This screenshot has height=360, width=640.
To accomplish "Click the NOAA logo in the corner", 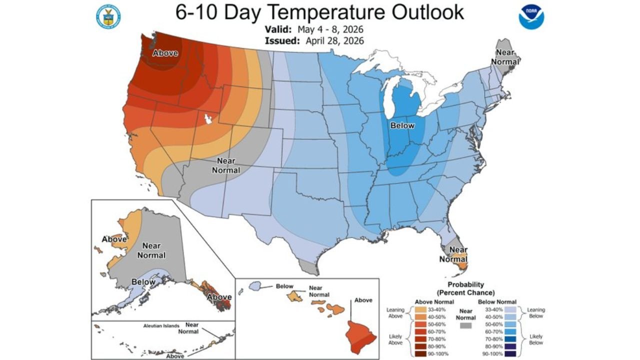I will point(531,17).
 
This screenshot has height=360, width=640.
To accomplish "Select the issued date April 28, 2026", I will point(331,40).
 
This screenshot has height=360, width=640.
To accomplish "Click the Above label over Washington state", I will point(165,53).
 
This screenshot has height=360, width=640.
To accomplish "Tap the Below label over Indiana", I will point(402,125).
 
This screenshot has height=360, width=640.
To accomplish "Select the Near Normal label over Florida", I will point(454,254).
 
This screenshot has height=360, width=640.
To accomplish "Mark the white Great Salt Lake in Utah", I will point(208,119).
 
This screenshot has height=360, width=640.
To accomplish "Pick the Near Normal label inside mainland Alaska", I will point(151,250).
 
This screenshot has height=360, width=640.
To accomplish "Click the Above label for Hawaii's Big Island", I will point(363,300).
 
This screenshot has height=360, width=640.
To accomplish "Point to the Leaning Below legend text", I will point(535,313).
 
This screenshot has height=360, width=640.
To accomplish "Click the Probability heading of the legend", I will point(465,288).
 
